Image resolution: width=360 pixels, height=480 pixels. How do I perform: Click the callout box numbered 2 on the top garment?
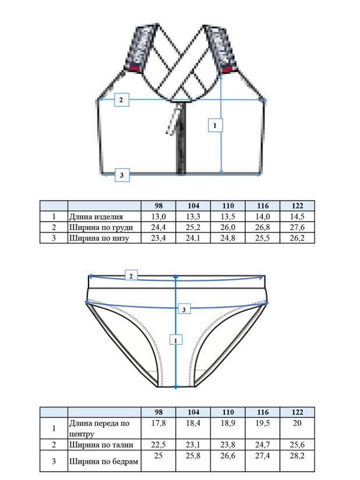click(x=122, y=100)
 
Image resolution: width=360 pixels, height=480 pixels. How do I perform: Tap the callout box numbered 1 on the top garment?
click(x=215, y=125)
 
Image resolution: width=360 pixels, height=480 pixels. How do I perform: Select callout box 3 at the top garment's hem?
click(x=122, y=175)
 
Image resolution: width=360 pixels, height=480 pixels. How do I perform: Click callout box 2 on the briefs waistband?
click(x=131, y=276)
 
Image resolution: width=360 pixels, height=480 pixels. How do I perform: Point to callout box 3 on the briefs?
click(x=184, y=309)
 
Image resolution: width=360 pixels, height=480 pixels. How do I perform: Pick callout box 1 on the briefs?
click(x=176, y=340)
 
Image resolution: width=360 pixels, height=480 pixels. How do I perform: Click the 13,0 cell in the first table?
click(x=158, y=217)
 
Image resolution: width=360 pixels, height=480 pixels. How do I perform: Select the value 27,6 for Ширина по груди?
click(x=297, y=227)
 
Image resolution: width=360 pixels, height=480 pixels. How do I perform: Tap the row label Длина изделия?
click(x=96, y=217)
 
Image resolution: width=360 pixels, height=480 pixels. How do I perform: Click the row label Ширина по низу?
click(x=99, y=238)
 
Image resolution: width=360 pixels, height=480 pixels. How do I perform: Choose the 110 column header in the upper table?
click(x=228, y=206)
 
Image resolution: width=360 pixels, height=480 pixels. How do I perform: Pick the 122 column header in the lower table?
click(x=297, y=412)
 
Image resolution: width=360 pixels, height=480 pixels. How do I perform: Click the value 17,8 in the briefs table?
click(x=158, y=423)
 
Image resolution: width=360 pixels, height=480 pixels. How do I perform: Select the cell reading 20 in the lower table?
click(x=297, y=423)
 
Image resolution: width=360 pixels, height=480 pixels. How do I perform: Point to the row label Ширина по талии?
click(x=101, y=444)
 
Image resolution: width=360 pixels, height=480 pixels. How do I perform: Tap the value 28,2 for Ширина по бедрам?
click(x=297, y=456)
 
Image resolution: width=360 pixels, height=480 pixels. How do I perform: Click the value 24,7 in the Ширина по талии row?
click(x=263, y=444)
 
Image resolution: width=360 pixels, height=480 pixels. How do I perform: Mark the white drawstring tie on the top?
click(x=173, y=119)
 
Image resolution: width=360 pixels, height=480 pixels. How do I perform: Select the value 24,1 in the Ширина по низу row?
click(x=193, y=238)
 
